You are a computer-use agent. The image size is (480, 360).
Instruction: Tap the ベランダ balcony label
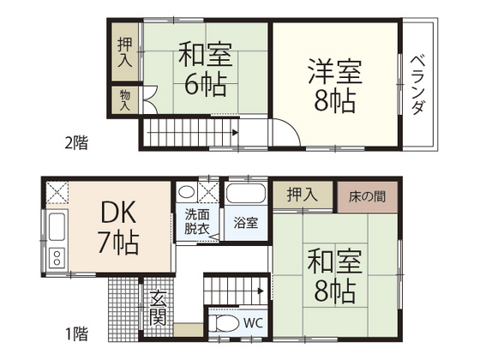[418, 84]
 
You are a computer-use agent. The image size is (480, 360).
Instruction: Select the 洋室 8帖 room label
[334, 84]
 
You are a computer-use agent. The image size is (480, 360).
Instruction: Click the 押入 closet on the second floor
[123, 53]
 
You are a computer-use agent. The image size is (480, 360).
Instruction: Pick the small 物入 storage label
[123, 101]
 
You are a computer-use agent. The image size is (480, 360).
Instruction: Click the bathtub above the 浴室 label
[247, 194]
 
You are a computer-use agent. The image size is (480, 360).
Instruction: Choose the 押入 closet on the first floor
[302, 195]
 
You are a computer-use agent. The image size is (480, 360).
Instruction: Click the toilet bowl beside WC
[225, 325]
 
